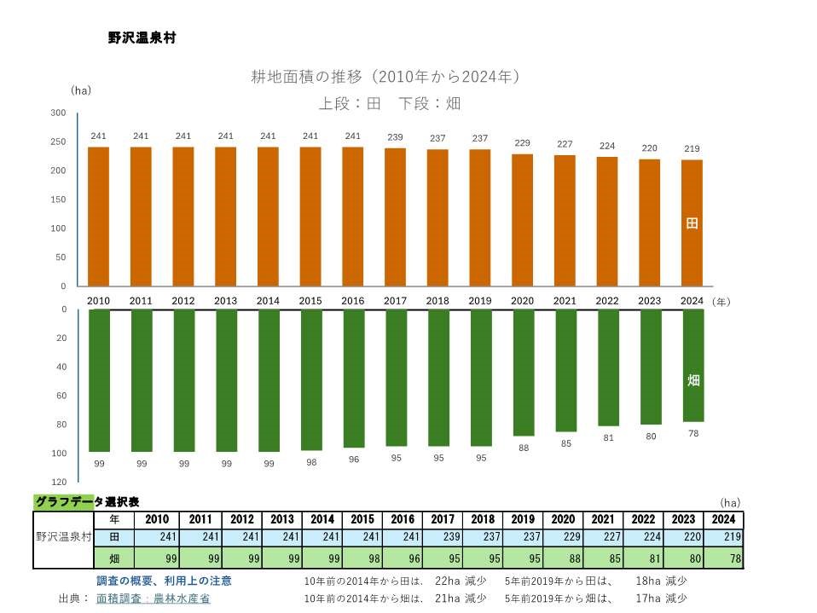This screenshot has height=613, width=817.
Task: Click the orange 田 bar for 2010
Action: coord(99,217)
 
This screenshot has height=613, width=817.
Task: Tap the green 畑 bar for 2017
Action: coord(396,378)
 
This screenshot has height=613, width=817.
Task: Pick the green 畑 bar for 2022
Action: coord(608,367)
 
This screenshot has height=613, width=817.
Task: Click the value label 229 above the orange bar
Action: coord(523,142)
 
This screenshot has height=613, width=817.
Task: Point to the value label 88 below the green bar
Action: coord(523,448)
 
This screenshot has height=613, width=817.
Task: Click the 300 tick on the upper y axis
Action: coord(58,113)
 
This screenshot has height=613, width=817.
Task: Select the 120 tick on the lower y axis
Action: coord(60,482)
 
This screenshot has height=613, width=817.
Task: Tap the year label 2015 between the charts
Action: coord(310,301)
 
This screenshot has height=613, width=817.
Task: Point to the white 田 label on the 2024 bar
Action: coord(692,223)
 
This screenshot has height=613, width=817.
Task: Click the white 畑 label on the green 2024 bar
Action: coord(693,380)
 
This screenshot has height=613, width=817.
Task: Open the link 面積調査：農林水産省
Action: coord(154,599)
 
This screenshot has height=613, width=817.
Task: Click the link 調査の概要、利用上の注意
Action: coord(164,581)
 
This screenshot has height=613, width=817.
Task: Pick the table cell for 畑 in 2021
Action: coord(603,559)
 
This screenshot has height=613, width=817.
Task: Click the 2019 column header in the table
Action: coord(523,519)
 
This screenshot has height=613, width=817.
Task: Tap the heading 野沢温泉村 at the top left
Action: coord(142,38)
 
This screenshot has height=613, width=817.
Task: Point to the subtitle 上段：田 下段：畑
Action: coord(390,103)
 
